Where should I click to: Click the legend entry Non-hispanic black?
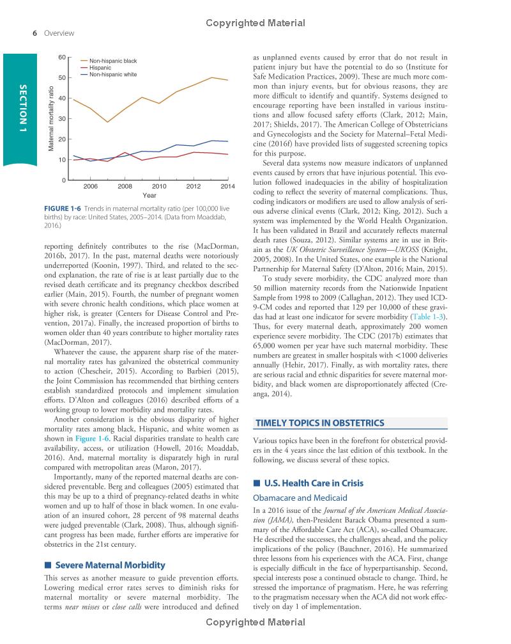point(113,60)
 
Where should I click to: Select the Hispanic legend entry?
point(100,67)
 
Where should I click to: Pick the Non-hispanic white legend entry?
point(113,74)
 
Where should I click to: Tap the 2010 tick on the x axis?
point(159,185)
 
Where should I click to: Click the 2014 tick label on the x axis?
point(227,185)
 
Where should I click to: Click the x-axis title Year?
point(150,194)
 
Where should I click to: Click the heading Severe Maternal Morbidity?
point(110,565)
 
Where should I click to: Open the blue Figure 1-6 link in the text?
point(93,439)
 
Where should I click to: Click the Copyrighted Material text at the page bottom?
point(256,638)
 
